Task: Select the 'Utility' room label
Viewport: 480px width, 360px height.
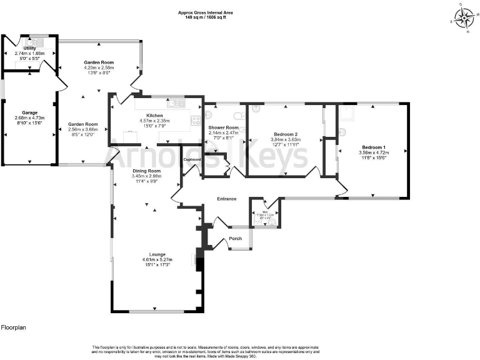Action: point(29,48)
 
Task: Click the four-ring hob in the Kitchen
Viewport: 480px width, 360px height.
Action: point(196,121)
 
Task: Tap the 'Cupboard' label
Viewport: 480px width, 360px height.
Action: point(192,160)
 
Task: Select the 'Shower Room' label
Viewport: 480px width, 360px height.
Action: point(224,127)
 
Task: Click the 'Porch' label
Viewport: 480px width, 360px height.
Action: point(236,238)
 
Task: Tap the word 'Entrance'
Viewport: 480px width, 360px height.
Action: point(226,199)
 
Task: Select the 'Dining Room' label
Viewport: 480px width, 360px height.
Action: point(146,171)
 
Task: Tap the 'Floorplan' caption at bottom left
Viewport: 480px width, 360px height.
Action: point(13,327)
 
